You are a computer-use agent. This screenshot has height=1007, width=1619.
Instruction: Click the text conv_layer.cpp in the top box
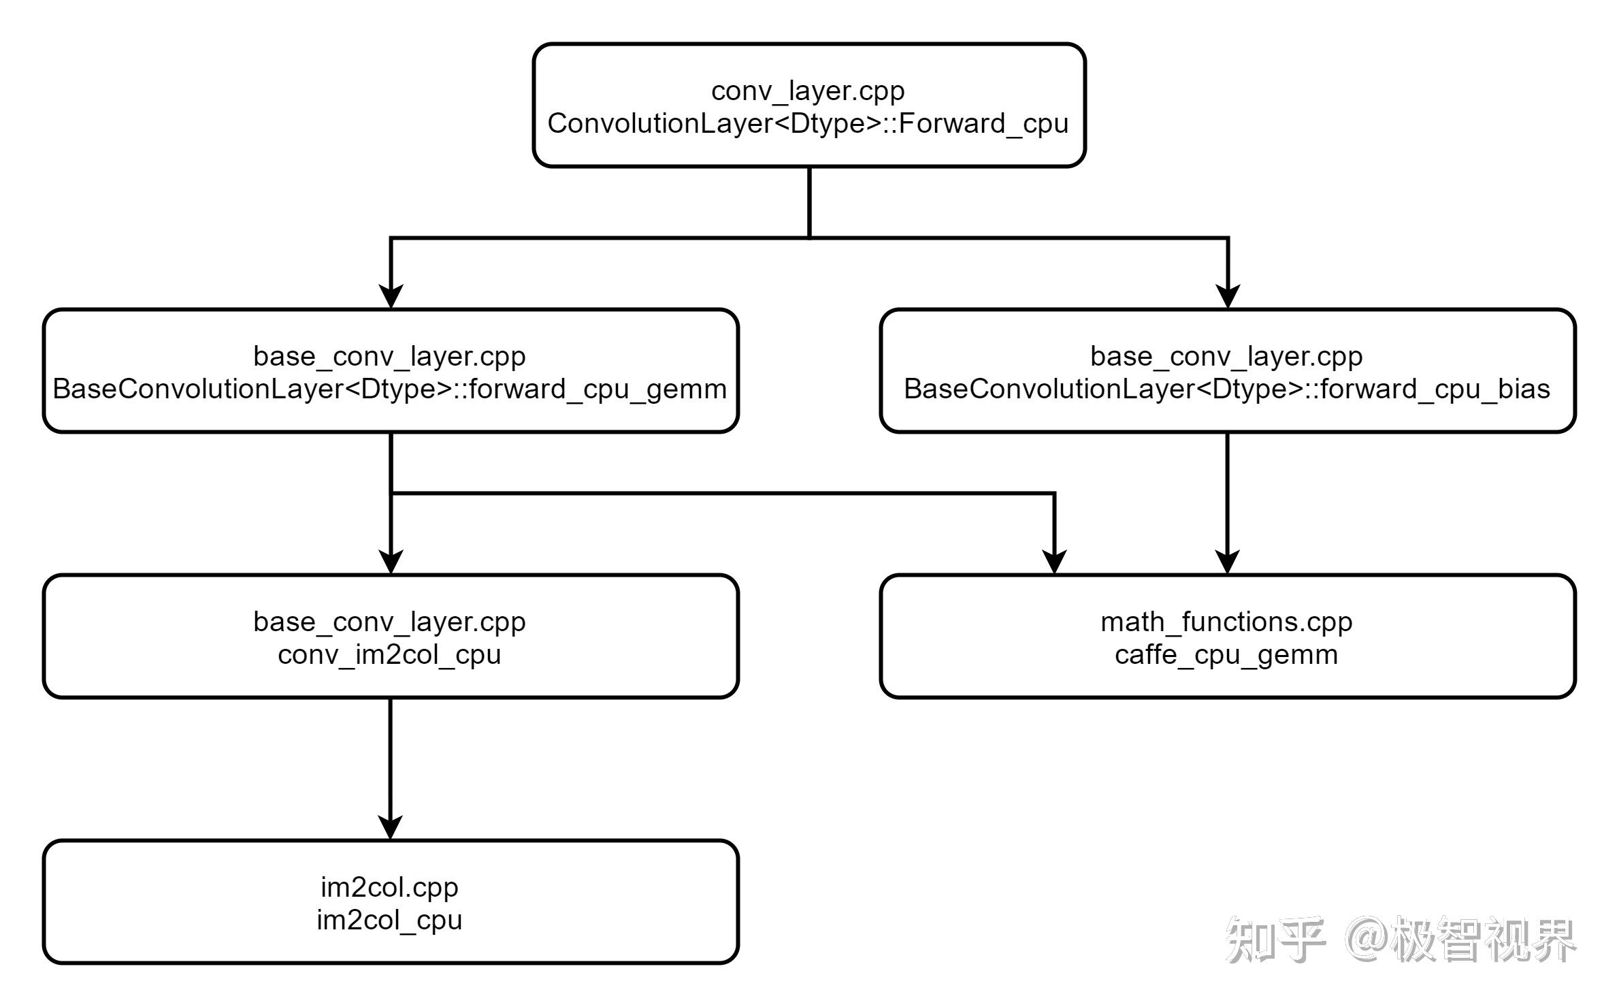pos(808,91)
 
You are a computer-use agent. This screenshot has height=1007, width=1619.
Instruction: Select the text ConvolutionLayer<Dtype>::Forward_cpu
pos(808,124)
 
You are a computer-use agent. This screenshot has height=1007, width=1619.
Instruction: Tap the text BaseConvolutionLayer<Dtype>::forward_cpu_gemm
pos(390,389)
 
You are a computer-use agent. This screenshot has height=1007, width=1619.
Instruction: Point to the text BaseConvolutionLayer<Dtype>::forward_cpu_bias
pos(1226,389)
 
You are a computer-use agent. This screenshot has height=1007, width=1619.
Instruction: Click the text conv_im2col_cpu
pos(389,655)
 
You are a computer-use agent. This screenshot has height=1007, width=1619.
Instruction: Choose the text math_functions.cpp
pos(1226,622)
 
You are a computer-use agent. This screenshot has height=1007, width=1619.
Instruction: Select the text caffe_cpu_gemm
pos(1226,655)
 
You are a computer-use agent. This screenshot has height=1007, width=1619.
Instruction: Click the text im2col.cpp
pos(389,887)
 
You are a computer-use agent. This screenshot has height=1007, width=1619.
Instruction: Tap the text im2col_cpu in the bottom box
pos(389,921)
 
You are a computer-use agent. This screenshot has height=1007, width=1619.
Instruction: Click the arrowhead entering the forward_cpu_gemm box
pos(391,297)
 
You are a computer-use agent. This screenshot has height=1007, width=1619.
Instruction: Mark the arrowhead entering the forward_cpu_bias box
pos(1228,297)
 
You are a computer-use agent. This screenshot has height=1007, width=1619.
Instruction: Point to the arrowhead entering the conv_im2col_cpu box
pos(391,562)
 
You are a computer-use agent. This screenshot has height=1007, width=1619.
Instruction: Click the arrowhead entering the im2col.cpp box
pos(390,828)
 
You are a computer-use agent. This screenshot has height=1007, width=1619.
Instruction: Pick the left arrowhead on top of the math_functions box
pos(1054,562)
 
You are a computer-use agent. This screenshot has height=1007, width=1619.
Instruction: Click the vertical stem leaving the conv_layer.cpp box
pos(809,202)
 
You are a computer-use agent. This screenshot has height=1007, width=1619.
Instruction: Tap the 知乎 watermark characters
pos(1275,940)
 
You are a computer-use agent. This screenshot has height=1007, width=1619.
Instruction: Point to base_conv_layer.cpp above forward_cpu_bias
pos(1226,356)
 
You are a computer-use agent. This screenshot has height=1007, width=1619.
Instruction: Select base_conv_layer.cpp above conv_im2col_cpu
pos(389,622)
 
